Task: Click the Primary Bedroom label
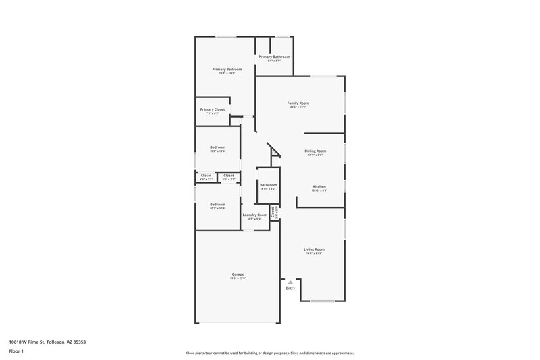[x=227, y=70]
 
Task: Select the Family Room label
[x=298, y=103]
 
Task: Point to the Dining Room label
[x=315, y=151]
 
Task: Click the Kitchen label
[x=319, y=186]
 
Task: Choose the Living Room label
[x=314, y=249]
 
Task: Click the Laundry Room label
[x=255, y=215]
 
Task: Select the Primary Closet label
[x=212, y=109]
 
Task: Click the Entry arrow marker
[x=290, y=281]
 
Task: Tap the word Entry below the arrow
[x=290, y=288]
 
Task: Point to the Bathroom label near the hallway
[x=268, y=184]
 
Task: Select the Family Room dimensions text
[x=298, y=107]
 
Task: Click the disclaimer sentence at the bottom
[x=269, y=353]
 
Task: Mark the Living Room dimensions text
[x=314, y=253]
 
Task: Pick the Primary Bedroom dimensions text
[x=227, y=74]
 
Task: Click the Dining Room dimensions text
[x=315, y=155]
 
